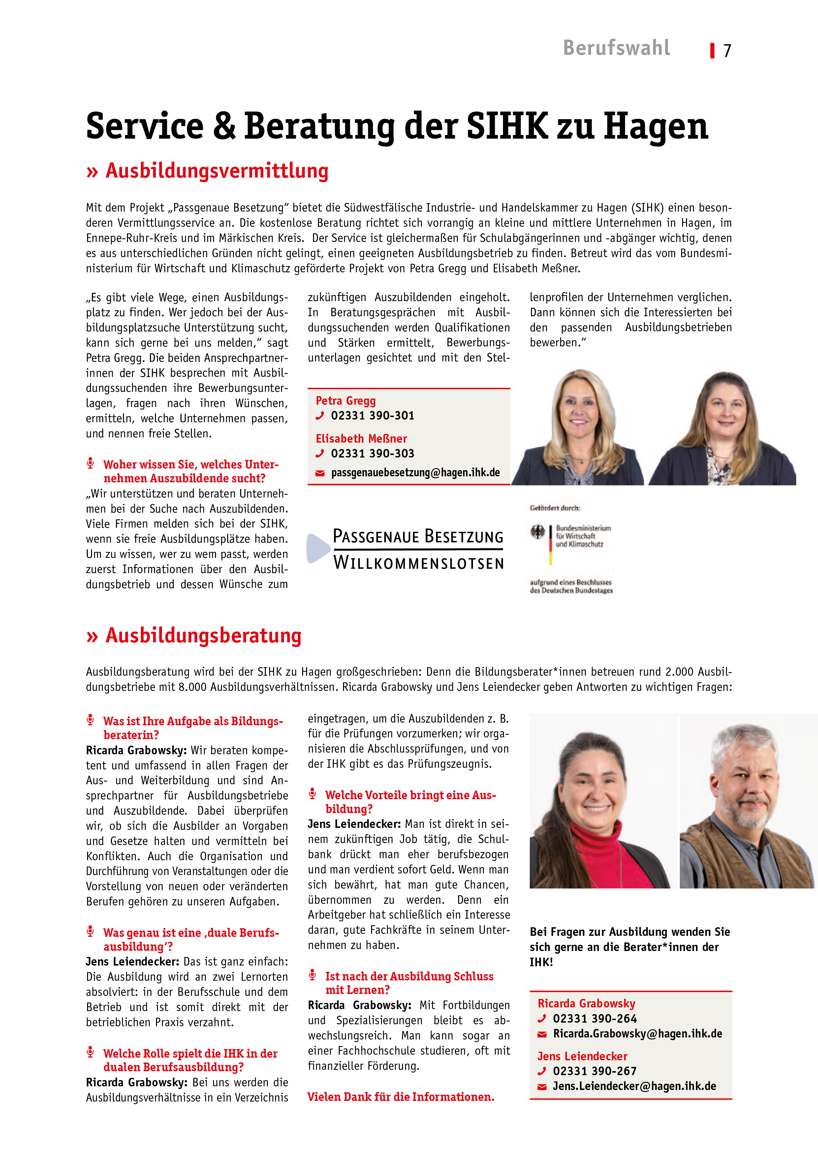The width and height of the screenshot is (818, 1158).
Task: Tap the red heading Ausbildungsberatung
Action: coord(203,635)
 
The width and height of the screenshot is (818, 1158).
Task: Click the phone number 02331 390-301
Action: coord(372,416)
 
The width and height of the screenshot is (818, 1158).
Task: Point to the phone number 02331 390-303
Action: coord(372,454)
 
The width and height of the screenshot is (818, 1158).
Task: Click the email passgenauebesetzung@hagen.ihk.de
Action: coord(415,473)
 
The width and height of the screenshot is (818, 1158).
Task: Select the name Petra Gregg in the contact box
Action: coord(346,401)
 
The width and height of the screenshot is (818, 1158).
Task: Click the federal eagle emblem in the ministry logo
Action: coord(538,531)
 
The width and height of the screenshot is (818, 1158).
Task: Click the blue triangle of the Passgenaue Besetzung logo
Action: coord(318,548)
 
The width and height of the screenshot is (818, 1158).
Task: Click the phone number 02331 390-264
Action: coord(595,1018)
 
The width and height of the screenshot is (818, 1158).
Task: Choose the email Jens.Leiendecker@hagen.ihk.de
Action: coord(634,1086)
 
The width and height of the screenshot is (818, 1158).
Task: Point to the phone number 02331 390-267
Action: coord(595,1071)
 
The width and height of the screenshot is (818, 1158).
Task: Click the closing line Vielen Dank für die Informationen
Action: coord(401,1097)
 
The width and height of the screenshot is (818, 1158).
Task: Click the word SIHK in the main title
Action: coord(507,126)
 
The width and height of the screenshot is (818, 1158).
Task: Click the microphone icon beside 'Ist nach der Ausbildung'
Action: coord(312,974)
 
